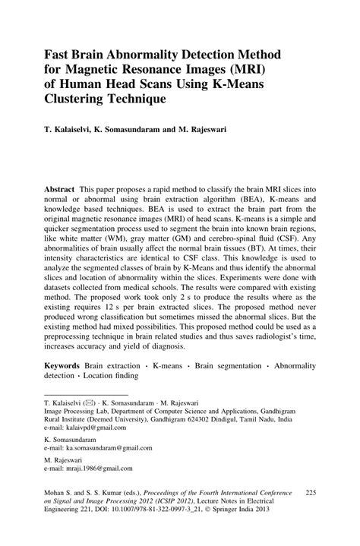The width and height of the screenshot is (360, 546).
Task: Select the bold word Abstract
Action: (x=58, y=188)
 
